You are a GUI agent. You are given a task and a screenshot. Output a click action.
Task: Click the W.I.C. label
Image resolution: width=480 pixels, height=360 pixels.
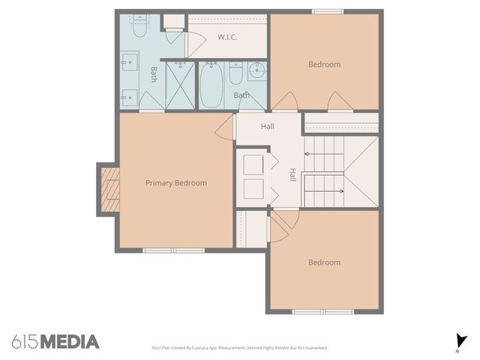pyautogui.click(x=227, y=37)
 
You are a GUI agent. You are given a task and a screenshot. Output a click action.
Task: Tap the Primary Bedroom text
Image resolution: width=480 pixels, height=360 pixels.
pyautogui.click(x=176, y=183)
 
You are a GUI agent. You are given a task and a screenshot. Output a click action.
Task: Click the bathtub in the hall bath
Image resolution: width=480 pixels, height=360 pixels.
pyautogui.click(x=211, y=85)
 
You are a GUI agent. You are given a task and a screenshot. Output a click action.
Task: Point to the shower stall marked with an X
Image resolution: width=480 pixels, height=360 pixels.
pyautogui.click(x=180, y=85)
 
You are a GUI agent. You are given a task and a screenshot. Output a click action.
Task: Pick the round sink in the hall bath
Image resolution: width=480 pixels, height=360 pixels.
pyautogui.click(x=257, y=73)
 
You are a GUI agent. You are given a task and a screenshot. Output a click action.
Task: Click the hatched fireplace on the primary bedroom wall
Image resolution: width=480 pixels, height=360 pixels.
pyautogui.click(x=110, y=188)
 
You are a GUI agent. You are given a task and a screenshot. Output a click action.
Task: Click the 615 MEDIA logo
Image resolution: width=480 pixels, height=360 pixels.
pyautogui.click(x=55, y=342)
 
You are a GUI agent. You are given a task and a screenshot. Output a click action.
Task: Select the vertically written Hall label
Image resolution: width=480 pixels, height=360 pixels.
pyautogui.click(x=292, y=174)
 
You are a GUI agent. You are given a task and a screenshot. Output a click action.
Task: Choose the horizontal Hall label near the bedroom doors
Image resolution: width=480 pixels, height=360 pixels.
pyautogui.click(x=267, y=126)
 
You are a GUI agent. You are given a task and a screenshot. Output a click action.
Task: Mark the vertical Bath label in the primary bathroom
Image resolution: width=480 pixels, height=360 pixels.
pyautogui.click(x=154, y=74)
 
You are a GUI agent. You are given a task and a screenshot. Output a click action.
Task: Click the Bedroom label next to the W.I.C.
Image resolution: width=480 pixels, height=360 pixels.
pyautogui.click(x=324, y=64)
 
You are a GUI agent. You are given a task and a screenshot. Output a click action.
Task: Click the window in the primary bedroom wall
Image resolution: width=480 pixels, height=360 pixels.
pyautogui.click(x=173, y=250)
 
